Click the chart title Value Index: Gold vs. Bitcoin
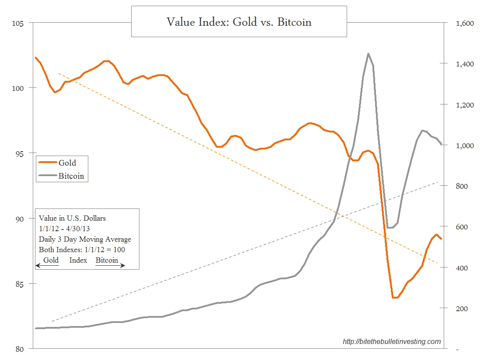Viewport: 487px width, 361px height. (x=239, y=22)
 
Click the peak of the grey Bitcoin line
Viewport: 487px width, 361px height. (x=368, y=54)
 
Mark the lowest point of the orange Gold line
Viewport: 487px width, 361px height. (x=395, y=298)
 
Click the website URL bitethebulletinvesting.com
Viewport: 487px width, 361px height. (x=392, y=341)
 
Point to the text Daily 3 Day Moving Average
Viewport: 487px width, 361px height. (x=85, y=239)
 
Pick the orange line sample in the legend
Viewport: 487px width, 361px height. (x=48, y=163)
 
